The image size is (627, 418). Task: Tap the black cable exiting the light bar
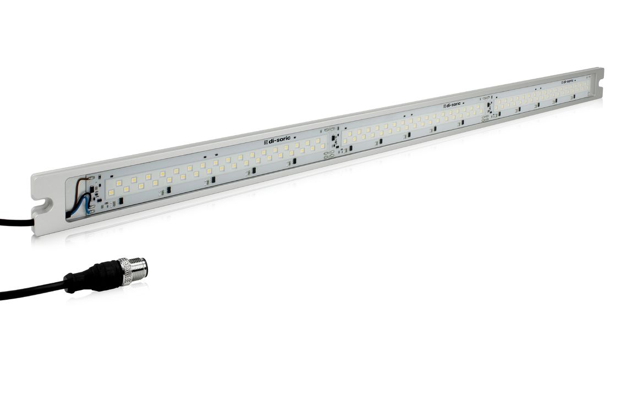pos(16,222)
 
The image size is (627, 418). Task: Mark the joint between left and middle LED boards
pos(333,142)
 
